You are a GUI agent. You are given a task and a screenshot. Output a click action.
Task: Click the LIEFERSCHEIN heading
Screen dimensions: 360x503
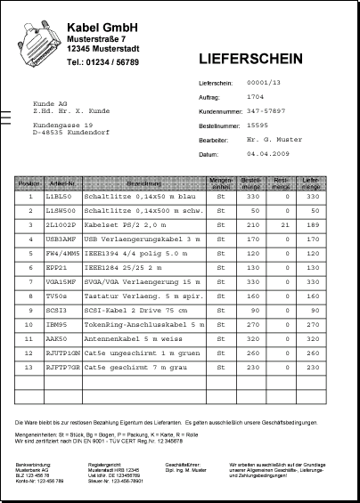[x=250, y=60]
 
